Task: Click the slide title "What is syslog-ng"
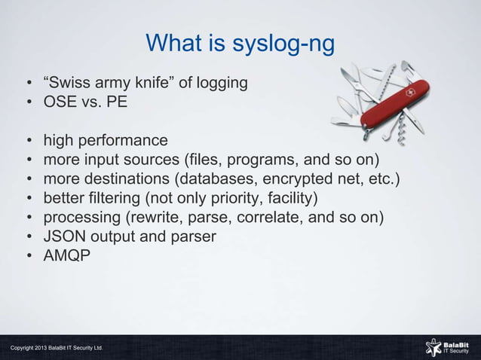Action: [x=240, y=43]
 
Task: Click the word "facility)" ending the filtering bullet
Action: [x=290, y=199]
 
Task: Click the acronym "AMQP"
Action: [x=67, y=257]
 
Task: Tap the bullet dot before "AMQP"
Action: [x=27, y=257]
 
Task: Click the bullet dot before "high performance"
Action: [x=27, y=141]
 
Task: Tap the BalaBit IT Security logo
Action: [x=449, y=346]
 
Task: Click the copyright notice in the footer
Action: [x=57, y=348]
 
